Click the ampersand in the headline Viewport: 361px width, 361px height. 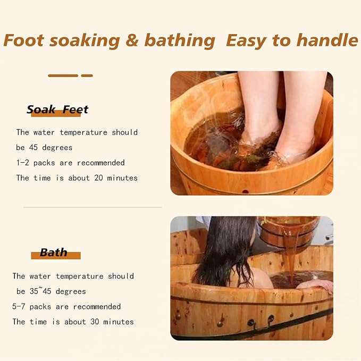click(132, 40)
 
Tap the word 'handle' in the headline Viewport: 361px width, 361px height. click(328, 40)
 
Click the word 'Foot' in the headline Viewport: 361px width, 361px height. click(24, 40)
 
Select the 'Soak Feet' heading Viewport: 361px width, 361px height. click(57, 110)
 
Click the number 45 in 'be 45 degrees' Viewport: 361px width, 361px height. click(33, 147)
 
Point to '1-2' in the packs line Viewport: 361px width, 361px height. click(22, 163)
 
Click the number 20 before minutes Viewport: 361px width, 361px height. click(98, 178)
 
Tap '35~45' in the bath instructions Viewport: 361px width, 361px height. click(40, 291)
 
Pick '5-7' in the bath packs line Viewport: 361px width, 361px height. click(19, 306)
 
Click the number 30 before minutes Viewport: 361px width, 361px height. click(95, 322)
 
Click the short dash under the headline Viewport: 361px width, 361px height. click(87, 75)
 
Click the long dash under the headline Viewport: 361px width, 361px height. click(63, 75)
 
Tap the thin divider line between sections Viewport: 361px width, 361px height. click(93, 207)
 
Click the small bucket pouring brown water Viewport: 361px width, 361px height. click(288, 231)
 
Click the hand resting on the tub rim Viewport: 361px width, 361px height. click(315, 285)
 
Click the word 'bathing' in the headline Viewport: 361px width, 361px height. click(180, 40)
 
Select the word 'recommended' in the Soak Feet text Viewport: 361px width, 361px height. click(101, 163)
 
